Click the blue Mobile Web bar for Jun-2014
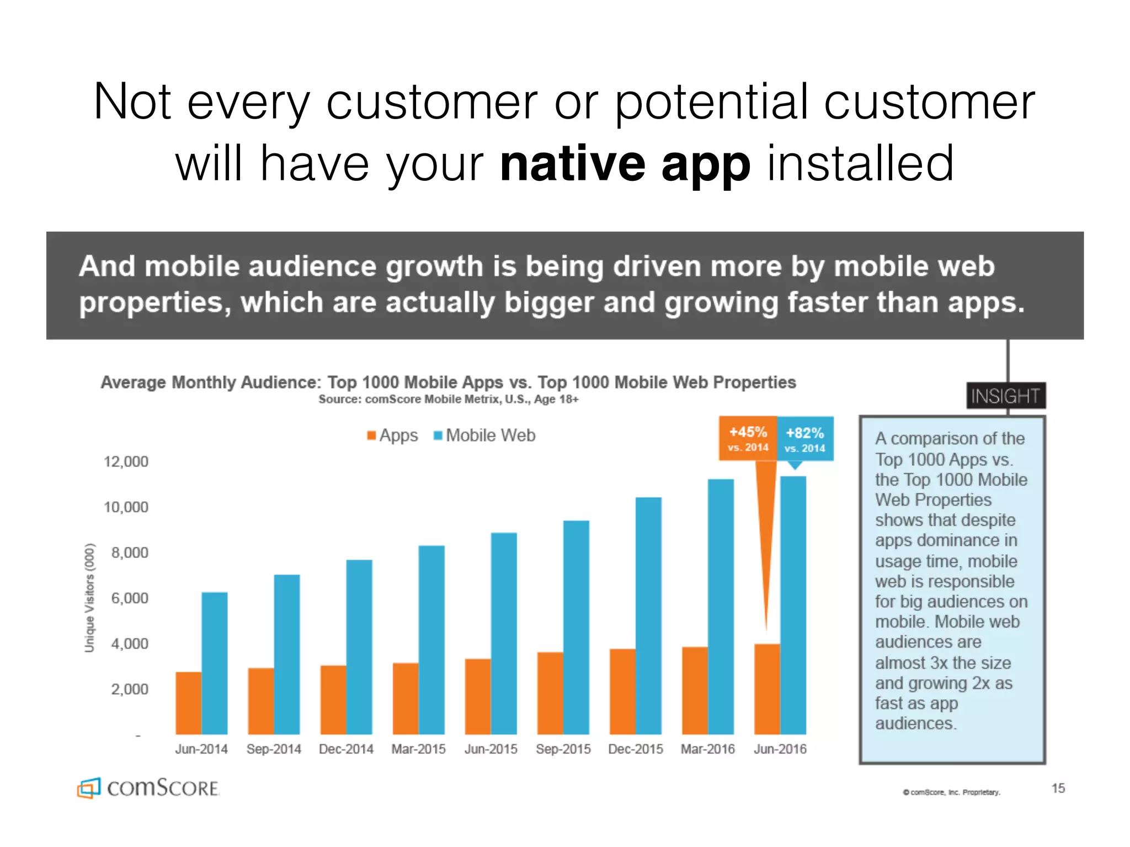click(215, 663)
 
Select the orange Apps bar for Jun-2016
click(767, 689)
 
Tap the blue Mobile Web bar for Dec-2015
click(648, 615)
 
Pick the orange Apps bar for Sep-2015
click(550, 693)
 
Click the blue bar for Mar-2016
click(721, 607)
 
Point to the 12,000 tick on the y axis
click(126, 462)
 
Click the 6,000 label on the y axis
click(130, 598)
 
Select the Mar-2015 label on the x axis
click(418, 749)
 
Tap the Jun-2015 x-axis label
click(491, 749)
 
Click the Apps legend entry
click(392, 435)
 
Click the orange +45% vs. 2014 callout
click(748, 438)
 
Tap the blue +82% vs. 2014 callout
click(805, 439)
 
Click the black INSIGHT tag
click(1005, 395)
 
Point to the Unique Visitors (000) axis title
click(89, 598)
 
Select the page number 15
click(1058, 788)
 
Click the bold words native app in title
click(625, 164)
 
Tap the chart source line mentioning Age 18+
click(448, 399)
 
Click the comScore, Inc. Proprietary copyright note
click(951, 792)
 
